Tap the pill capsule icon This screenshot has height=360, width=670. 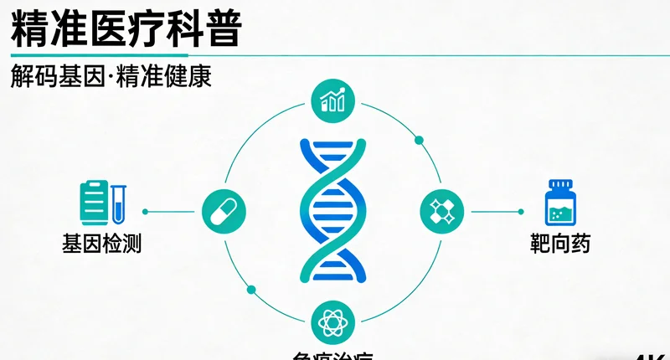[x=224, y=211]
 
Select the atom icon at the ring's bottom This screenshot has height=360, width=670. [x=332, y=321]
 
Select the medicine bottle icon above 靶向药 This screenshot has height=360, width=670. [x=560, y=203]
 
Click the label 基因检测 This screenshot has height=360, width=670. [x=101, y=244]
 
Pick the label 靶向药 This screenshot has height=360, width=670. [x=560, y=244]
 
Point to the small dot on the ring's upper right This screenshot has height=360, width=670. [x=419, y=140]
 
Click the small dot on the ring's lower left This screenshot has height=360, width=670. [x=250, y=290]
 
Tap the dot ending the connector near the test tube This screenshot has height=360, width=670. [x=146, y=212]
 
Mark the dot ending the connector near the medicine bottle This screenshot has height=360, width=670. [x=521, y=212]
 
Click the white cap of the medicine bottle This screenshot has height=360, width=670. [x=560, y=184]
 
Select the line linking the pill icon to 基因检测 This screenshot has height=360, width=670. [x=174, y=212]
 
